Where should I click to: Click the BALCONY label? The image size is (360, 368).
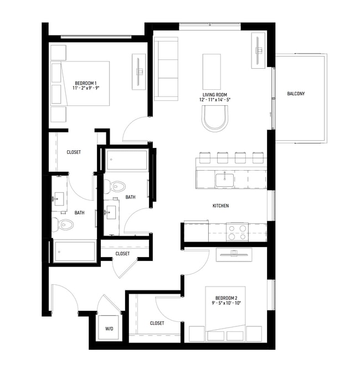[x=296, y=94]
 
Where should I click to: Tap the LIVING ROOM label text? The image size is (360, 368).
[x=214, y=95]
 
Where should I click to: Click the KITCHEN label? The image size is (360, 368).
[x=220, y=206]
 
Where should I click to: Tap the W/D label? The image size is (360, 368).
[x=109, y=329]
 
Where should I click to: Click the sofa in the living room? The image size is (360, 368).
[x=164, y=69]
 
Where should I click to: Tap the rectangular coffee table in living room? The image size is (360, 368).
[x=212, y=67]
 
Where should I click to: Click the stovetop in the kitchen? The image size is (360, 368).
[x=237, y=232]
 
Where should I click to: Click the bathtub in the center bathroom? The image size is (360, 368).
[x=127, y=160]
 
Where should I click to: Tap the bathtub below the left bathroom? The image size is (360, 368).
[x=74, y=252]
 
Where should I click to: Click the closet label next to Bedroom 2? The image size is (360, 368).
[x=157, y=323]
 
